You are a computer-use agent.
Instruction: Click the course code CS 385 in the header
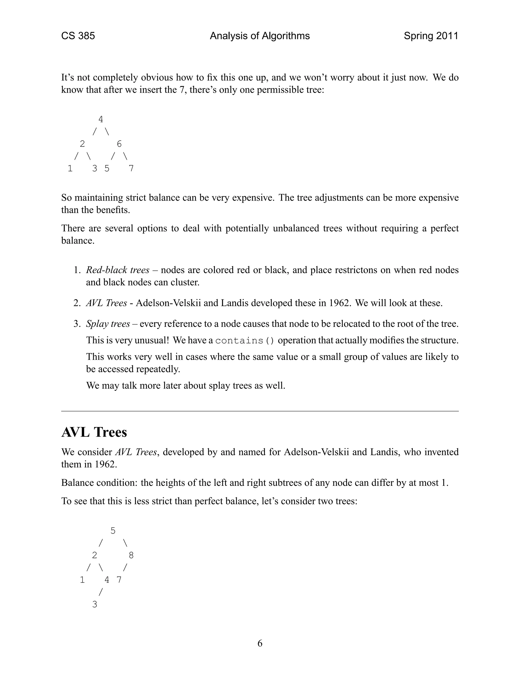(x=78, y=36)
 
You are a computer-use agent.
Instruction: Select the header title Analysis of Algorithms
(x=260, y=36)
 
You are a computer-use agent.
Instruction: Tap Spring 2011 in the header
(x=431, y=36)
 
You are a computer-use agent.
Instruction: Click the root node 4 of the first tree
(x=101, y=119)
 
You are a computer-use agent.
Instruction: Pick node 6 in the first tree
(x=119, y=144)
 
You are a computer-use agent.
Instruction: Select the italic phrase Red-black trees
(x=118, y=270)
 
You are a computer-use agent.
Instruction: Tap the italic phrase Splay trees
(x=108, y=324)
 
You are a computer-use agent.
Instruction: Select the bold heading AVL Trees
(x=94, y=432)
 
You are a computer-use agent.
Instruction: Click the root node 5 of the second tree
(x=113, y=531)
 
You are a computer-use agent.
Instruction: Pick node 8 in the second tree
(x=131, y=555)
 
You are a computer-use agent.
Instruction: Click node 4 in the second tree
(x=107, y=580)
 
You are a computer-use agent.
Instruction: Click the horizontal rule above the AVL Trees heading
(x=260, y=411)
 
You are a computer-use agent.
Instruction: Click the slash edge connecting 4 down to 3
(x=101, y=592)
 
